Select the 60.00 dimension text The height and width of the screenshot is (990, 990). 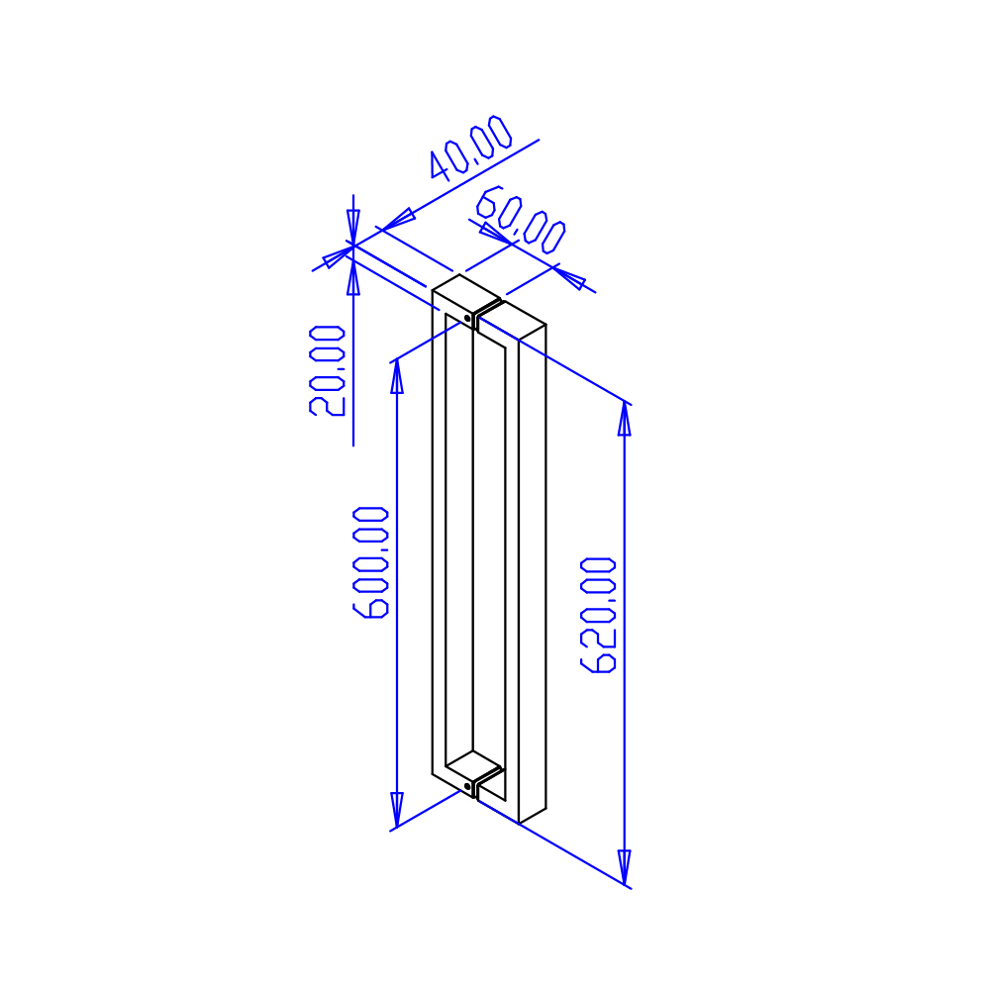point(521,220)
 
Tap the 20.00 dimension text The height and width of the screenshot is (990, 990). point(327,370)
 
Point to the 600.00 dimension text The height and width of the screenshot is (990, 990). point(370,562)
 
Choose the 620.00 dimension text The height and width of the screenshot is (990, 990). point(598,615)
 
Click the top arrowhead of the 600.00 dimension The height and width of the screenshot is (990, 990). point(397,376)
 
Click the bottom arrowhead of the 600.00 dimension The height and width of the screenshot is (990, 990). point(397,810)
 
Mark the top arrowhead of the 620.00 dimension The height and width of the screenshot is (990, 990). point(625,419)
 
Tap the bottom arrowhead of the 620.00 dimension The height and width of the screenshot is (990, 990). point(625,867)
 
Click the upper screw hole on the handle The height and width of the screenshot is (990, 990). point(467,318)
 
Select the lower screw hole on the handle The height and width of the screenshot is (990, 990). point(467,787)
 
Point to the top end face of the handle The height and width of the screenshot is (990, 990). point(466,294)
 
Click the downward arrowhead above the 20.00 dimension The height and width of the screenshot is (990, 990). point(353,228)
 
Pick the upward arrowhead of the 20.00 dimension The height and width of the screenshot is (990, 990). point(353,278)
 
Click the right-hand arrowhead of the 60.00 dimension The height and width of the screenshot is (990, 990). point(569,278)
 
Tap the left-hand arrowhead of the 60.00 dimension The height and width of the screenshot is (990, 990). point(495,233)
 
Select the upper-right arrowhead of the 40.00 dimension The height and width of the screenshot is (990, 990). point(398,219)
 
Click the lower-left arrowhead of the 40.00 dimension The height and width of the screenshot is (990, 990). point(339,256)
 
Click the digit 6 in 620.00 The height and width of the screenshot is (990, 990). point(598,662)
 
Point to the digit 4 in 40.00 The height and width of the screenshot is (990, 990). point(439,166)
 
